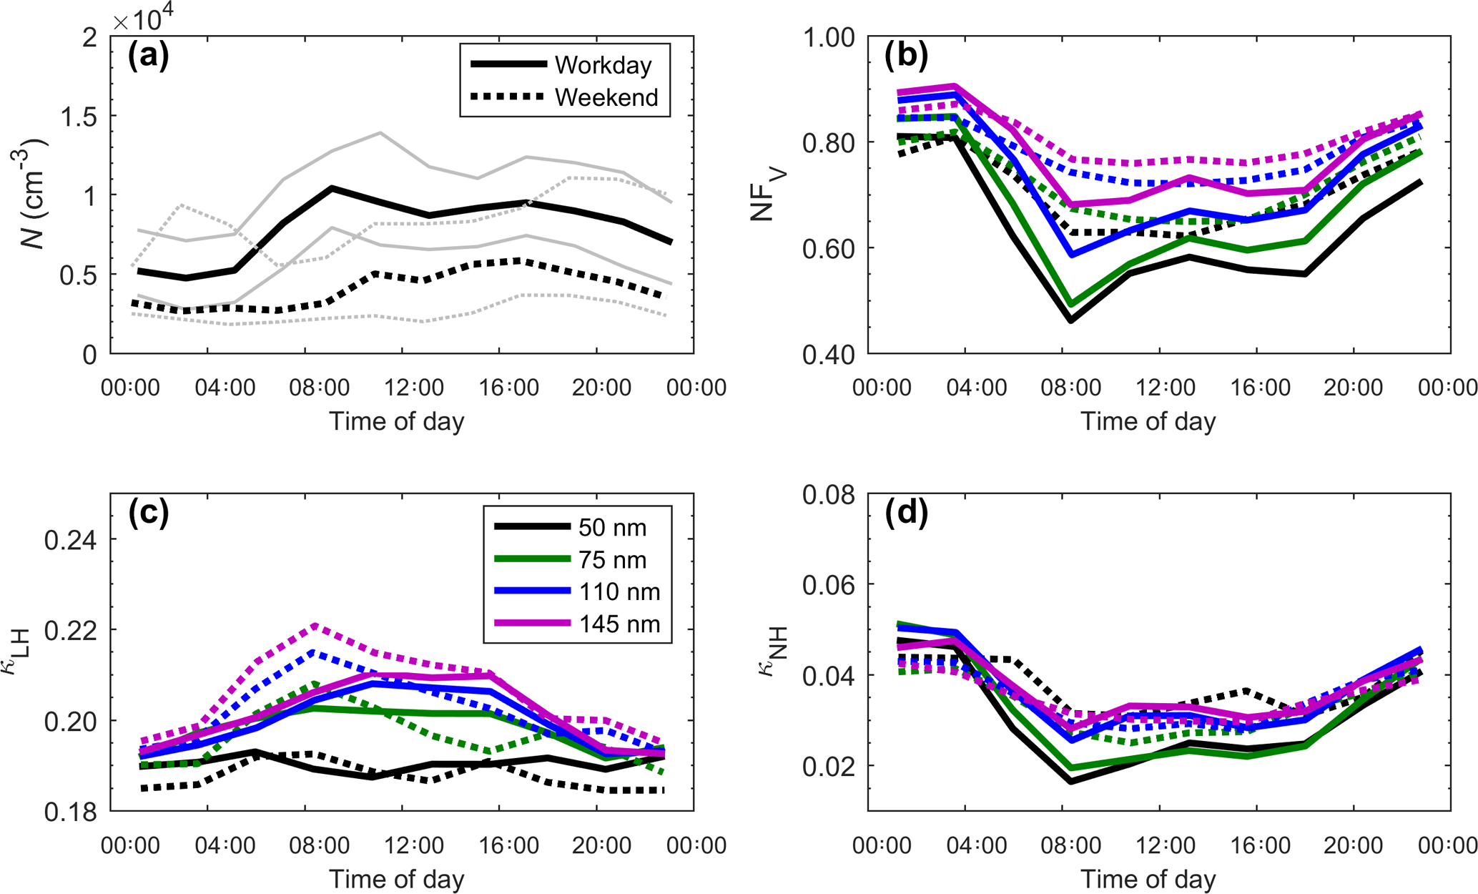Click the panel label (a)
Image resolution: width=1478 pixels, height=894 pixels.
tap(148, 56)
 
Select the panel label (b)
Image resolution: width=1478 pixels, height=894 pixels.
tap(906, 56)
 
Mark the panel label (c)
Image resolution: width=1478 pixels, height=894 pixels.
tap(148, 513)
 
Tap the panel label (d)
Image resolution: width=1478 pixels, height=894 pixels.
tap(906, 513)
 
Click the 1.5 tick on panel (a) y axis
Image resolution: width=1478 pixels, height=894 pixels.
tap(79, 117)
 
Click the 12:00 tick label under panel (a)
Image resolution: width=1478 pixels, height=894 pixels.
tap(414, 388)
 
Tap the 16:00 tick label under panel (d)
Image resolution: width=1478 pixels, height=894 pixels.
tap(1261, 845)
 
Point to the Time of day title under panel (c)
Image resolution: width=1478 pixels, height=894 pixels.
tap(396, 879)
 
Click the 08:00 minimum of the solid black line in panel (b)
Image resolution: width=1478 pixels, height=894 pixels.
tap(1071, 320)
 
